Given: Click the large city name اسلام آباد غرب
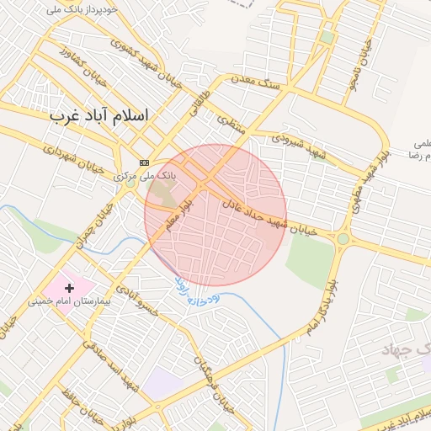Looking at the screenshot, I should (x=98, y=114).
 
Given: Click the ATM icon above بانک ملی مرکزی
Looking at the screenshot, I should (x=144, y=162).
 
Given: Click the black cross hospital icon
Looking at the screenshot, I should (x=69, y=288).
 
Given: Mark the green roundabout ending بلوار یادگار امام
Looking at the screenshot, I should (x=343, y=239).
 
